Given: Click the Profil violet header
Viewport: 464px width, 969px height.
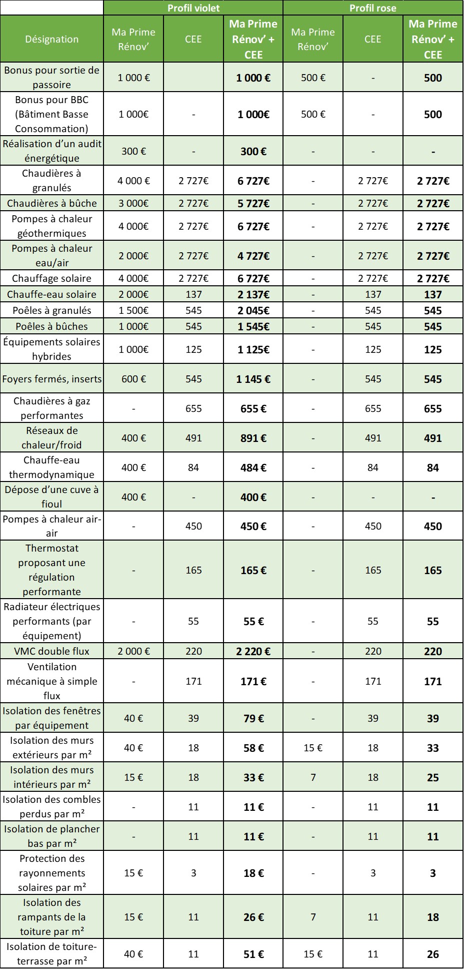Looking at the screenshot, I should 193,8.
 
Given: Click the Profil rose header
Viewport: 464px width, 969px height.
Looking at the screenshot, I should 372,8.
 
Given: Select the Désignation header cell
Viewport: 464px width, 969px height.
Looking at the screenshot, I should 52,39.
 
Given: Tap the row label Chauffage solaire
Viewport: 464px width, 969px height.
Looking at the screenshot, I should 51,278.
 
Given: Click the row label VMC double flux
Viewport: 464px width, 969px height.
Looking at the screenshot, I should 51,651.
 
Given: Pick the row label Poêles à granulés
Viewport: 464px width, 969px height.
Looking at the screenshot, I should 51,310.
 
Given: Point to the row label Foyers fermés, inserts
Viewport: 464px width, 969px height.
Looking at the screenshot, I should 51,379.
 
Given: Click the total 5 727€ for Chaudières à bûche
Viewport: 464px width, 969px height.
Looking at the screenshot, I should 253,203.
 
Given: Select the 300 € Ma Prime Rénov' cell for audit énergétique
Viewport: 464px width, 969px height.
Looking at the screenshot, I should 133,151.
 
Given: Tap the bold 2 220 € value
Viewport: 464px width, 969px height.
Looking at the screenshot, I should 253,651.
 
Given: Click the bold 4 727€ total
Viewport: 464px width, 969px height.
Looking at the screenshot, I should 253,256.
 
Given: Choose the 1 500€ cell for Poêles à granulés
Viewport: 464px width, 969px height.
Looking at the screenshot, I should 133,310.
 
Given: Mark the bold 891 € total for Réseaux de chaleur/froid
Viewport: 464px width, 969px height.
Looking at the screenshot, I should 253,438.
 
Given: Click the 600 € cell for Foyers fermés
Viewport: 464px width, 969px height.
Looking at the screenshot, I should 133,379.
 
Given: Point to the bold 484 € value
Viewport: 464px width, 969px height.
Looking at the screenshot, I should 253,467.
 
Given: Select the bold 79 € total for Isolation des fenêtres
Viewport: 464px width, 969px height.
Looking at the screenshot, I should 253,718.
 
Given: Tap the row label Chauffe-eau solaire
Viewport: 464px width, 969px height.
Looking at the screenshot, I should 51,294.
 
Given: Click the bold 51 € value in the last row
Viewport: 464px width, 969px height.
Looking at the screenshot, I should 253,954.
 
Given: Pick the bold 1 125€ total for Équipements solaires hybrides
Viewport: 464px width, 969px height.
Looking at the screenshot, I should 253,349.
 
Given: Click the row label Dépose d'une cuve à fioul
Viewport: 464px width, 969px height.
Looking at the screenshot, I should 51,497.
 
